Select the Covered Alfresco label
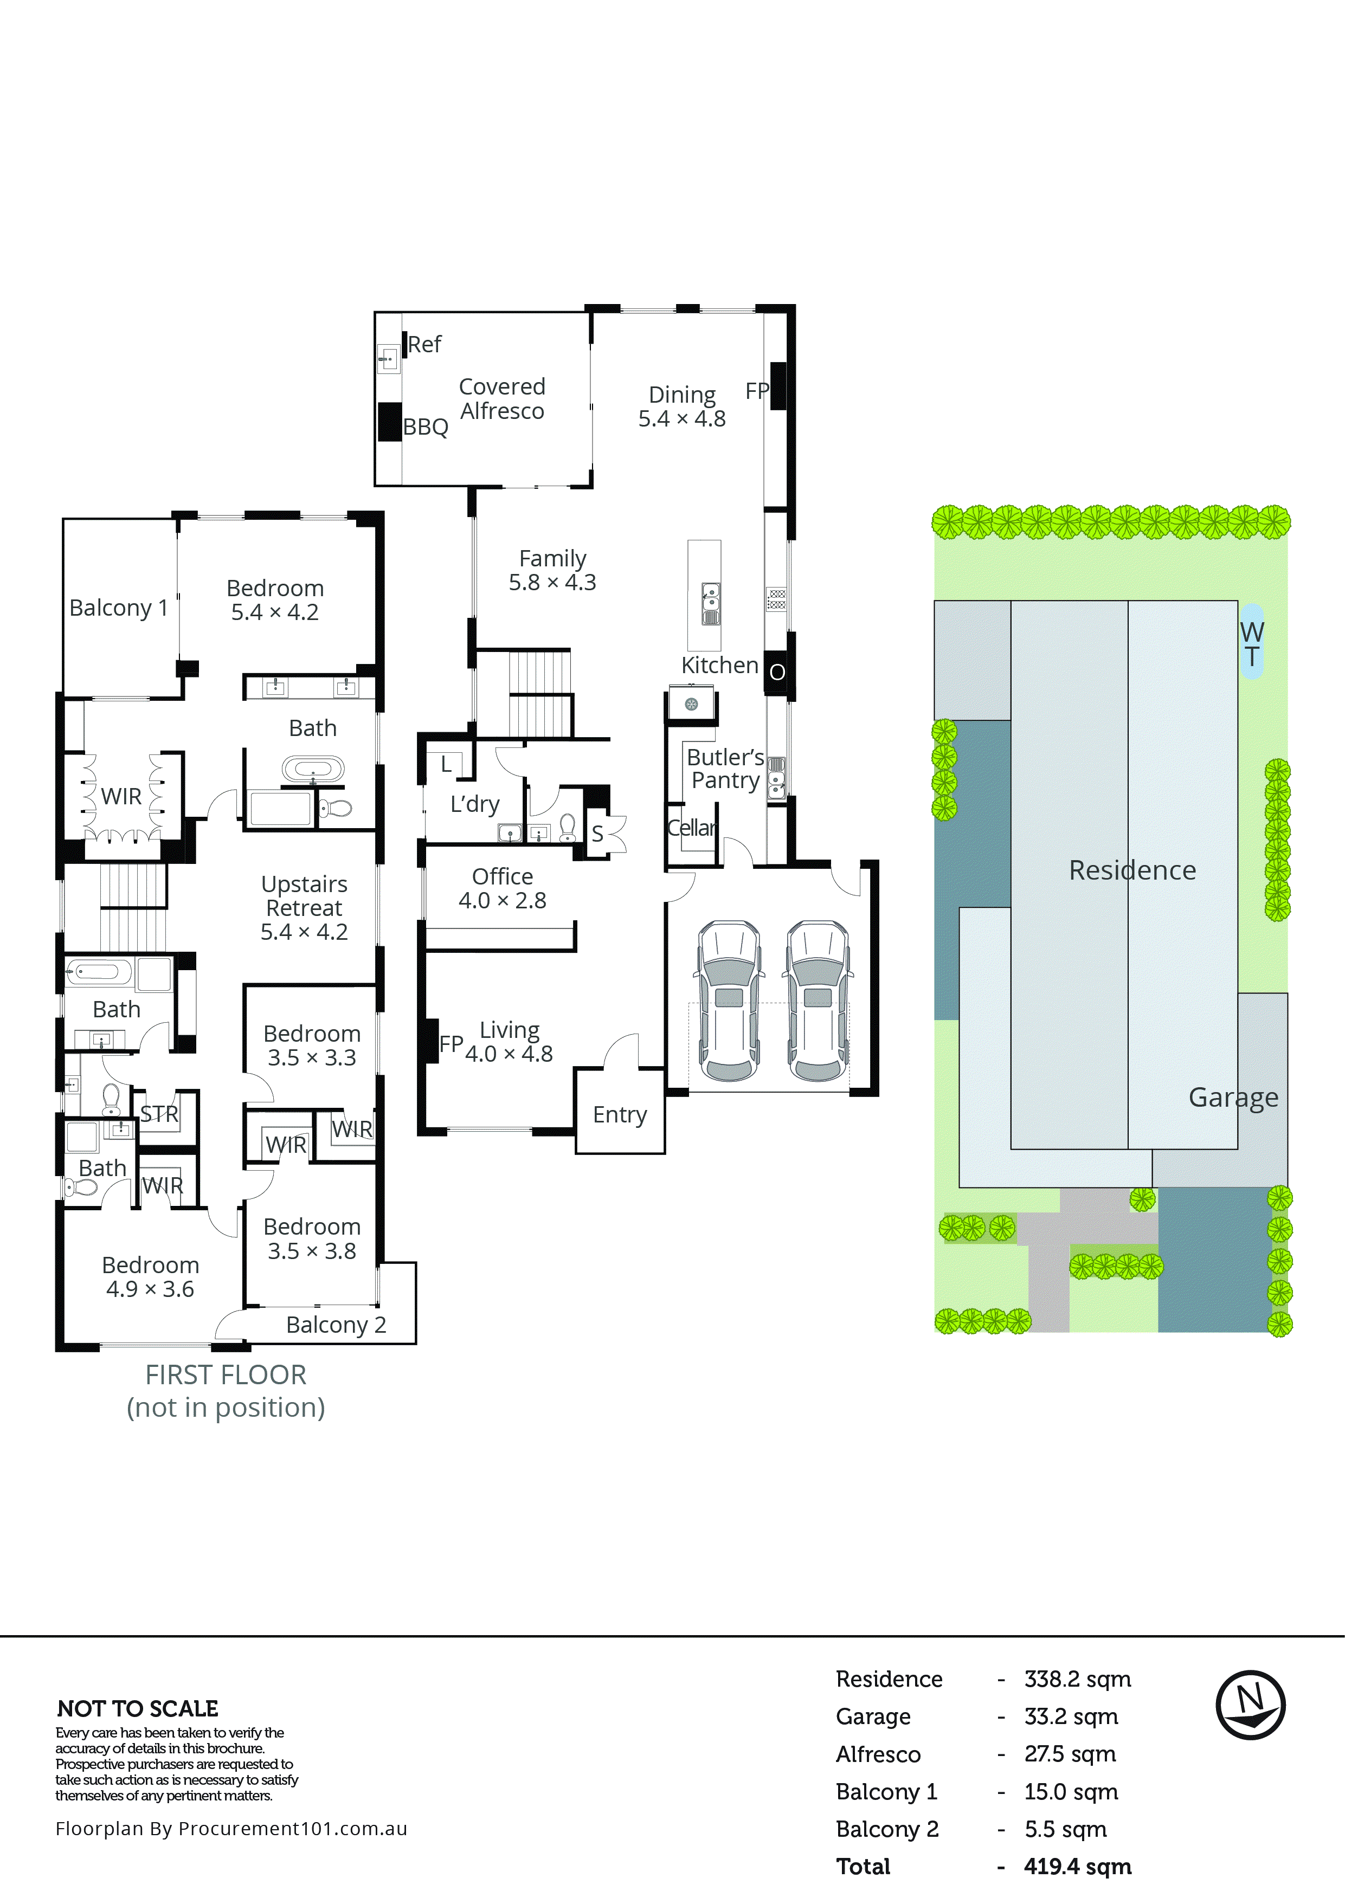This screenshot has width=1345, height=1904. pyautogui.click(x=501, y=399)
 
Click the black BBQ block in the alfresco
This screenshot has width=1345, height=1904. pyautogui.click(x=389, y=421)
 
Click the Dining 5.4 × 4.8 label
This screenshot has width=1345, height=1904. pyautogui.click(x=681, y=406)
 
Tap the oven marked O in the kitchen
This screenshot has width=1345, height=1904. pyautogui.click(x=777, y=672)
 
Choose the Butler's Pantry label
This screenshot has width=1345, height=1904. pyautogui.click(x=725, y=769)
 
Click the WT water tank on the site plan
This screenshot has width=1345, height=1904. pyautogui.click(x=1251, y=643)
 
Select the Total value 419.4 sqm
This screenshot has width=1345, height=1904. pyautogui.click(x=1077, y=1867)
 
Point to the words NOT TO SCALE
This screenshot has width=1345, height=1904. pyautogui.click(x=138, y=1708)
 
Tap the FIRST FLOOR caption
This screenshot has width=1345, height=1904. pyautogui.click(x=226, y=1375)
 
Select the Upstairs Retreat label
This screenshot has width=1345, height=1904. pyautogui.click(x=304, y=907)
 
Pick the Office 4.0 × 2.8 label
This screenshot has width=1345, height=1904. pyautogui.click(x=503, y=888)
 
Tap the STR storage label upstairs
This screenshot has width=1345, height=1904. pyautogui.click(x=159, y=1114)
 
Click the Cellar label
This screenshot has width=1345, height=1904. pyautogui.click(x=692, y=828)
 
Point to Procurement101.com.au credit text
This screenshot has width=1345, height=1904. pyautogui.click(x=231, y=1829)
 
